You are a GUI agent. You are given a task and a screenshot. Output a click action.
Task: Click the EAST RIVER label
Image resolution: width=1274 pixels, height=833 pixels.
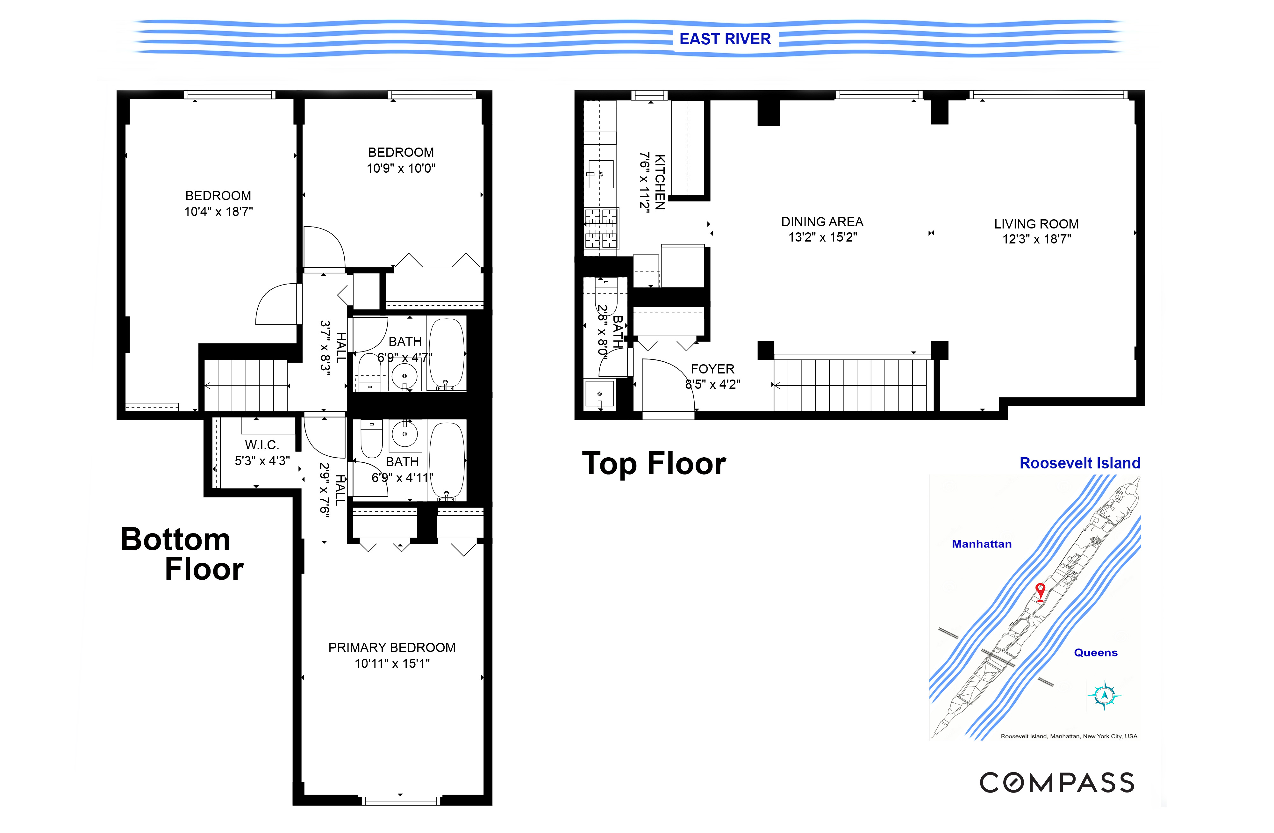(x=725, y=39)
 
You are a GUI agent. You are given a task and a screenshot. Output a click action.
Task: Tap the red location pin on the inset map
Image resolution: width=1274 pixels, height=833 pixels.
(x=1040, y=591)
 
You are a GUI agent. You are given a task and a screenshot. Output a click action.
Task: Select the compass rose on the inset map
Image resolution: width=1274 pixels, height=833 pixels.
(x=1104, y=695)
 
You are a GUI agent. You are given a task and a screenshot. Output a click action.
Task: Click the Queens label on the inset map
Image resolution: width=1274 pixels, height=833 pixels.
(x=1095, y=652)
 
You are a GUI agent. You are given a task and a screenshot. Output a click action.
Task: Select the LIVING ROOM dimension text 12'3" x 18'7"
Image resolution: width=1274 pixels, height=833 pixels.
(x=1036, y=239)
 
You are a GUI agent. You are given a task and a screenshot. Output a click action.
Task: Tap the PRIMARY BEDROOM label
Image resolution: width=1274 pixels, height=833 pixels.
(x=391, y=647)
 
